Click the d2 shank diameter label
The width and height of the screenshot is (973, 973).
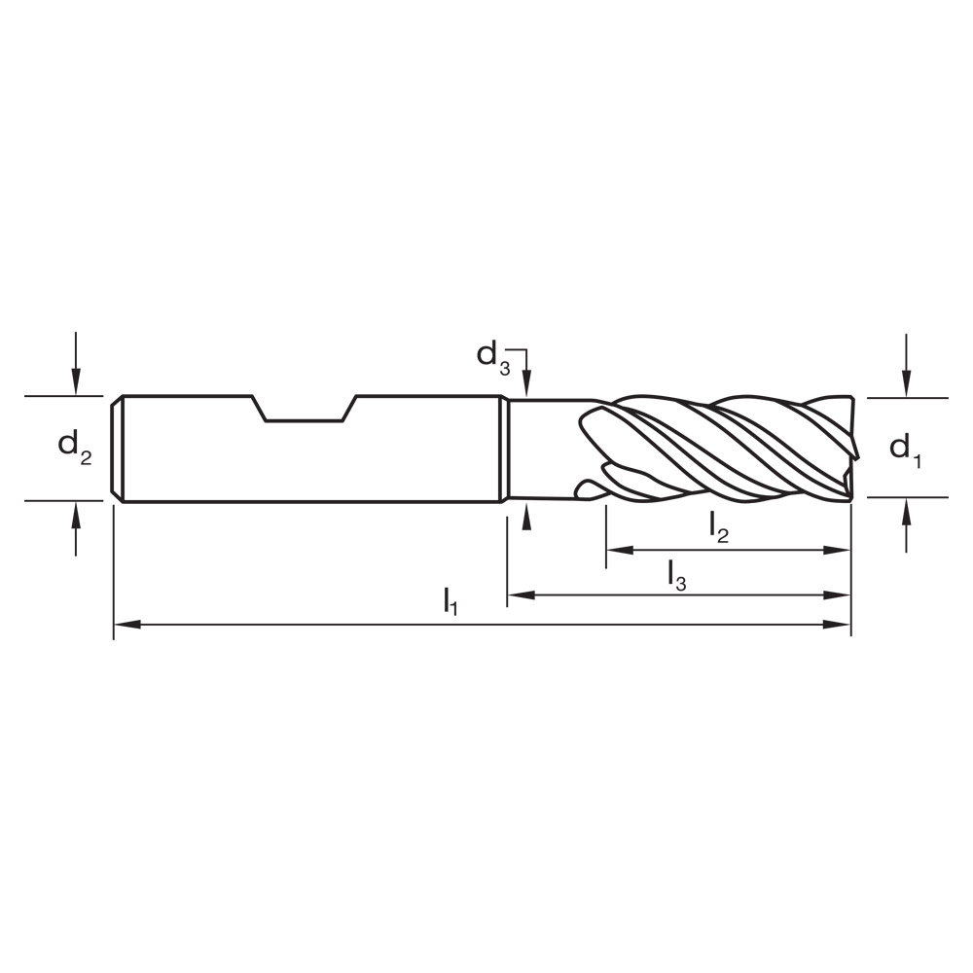[74, 447]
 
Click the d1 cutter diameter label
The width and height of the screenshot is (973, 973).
[905, 449]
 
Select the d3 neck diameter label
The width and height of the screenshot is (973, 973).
[492, 355]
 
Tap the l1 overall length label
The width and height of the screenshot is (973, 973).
[450, 600]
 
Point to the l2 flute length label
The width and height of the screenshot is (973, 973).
[718, 527]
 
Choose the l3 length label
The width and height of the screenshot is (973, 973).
[677, 573]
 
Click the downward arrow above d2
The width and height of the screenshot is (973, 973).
[76, 383]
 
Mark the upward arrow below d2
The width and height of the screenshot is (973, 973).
[76, 514]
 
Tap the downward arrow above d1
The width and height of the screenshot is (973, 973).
[906, 385]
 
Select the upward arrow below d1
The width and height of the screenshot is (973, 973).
[906, 511]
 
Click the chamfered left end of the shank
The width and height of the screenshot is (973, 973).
[117, 449]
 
